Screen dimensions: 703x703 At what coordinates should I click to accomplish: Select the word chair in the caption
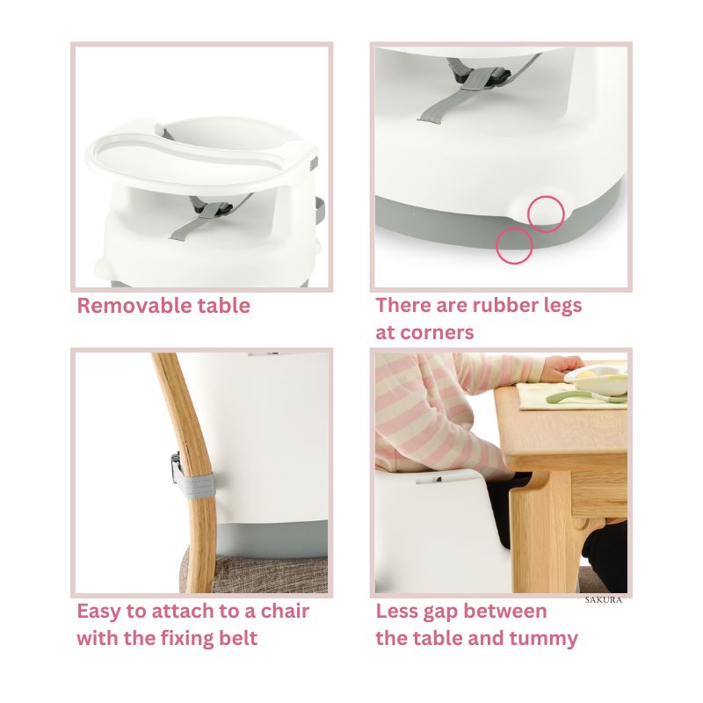(285, 611)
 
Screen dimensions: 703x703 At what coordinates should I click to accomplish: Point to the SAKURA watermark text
(604, 600)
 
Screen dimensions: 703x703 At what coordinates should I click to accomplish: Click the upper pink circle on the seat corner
(546, 214)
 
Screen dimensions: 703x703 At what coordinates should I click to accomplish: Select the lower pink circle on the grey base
(514, 245)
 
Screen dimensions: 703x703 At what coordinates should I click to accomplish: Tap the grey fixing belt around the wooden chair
(194, 487)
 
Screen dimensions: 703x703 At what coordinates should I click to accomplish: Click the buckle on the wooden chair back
(175, 467)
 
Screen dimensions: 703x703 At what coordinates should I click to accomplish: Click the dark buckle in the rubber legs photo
(480, 77)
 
